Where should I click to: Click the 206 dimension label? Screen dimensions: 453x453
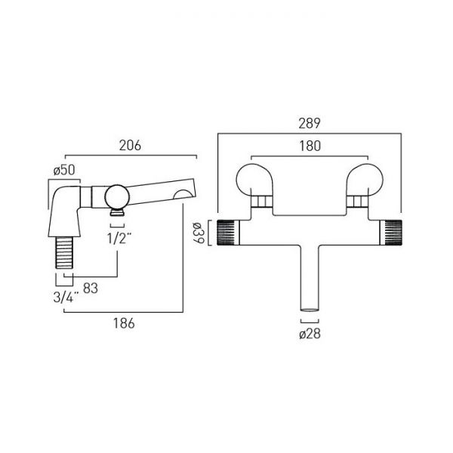click(130, 145)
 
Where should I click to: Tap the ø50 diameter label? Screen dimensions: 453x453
click(64, 170)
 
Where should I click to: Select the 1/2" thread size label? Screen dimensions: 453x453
click(119, 239)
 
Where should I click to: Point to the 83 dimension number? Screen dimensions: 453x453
click(91, 288)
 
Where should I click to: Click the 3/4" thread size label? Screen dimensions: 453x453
click(66, 297)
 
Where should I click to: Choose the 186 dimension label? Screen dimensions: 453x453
click(124, 323)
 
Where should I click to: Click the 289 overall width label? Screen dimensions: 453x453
click(310, 123)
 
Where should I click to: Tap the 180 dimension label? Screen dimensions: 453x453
click(310, 146)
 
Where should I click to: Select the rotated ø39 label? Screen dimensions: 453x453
click(199, 233)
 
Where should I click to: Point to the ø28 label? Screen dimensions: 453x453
click(310, 334)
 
